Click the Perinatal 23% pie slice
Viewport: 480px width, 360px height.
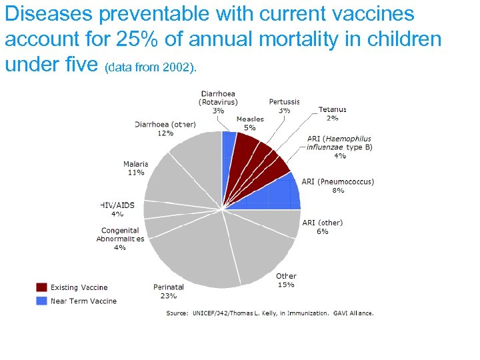point(193,257)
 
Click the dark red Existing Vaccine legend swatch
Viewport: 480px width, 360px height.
point(41,287)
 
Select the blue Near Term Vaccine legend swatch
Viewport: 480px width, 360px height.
point(41,301)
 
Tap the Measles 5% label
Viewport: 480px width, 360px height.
point(250,123)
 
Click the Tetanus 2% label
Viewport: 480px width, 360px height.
point(332,113)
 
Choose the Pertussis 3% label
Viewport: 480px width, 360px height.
point(284,105)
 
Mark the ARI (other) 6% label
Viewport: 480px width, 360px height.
point(323,227)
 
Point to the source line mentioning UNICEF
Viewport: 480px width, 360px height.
point(269,313)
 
